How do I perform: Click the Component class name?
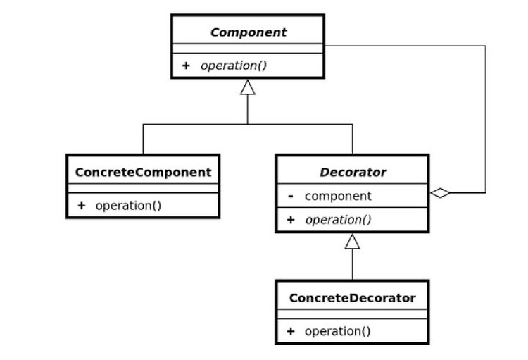pyautogui.click(x=249, y=32)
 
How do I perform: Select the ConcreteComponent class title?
pyautogui.click(x=143, y=172)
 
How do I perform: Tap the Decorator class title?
pyautogui.click(x=353, y=172)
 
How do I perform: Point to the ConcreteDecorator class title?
pyautogui.click(x=352, y=298)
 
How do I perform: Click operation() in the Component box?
pyautogui.click(x=234, y=66)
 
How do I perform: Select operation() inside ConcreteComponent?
pyautogui.click(x=128, y=206)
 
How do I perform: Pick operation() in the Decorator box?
pyautogui.click(x=338, y=220)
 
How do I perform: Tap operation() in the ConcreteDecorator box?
pyautogui.click(x=337, y=331)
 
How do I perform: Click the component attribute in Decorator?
pyautogui.click(x=338, y=196)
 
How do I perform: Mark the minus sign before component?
pyautogui.click(x=291, y=196)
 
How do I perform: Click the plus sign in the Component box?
pyautogui.click(x=186, y=66)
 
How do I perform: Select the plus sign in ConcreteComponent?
pyautogui.click(x=81, y=206)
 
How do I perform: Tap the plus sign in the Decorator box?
pyautogui.click(x=291, y=220)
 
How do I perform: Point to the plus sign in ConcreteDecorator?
pyautogui.click(x=291, y=331)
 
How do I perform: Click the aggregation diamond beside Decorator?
pyautogui.click(x=440, y=193)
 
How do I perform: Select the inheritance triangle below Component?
pyautogui.click(x=248, y=87)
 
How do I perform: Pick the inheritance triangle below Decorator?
pyautogui.click(x=352, y=242)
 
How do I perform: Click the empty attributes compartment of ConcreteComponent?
pyautogui.click(x=143, y=188)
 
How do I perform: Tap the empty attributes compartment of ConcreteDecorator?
pyautogui.click(x=352, y=314)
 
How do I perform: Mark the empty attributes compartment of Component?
pyautogui.click(x=248, y=49)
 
